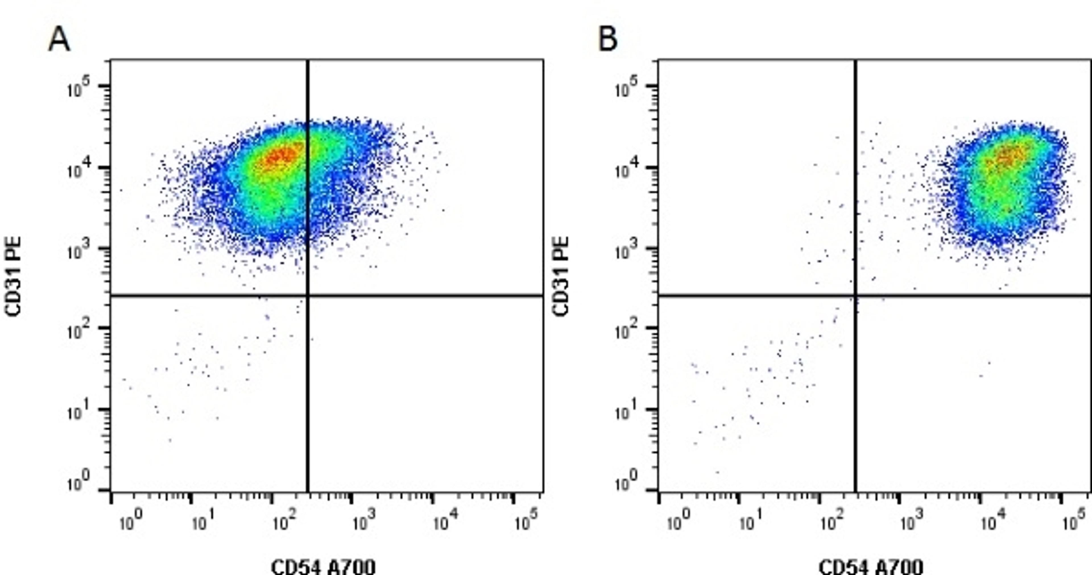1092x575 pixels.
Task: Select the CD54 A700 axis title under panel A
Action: (323, 566)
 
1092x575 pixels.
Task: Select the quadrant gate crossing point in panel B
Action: (855, 295)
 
